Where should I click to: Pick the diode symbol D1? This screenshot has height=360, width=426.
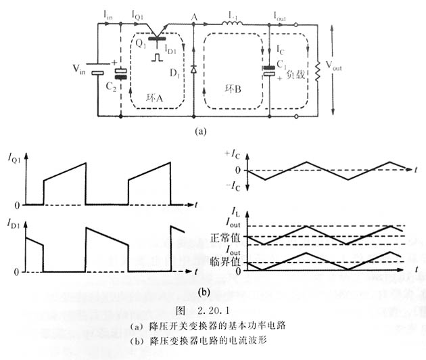point(193,68)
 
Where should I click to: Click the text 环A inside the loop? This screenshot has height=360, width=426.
point(156,97)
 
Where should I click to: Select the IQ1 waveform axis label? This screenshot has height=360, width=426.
point(16,160)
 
